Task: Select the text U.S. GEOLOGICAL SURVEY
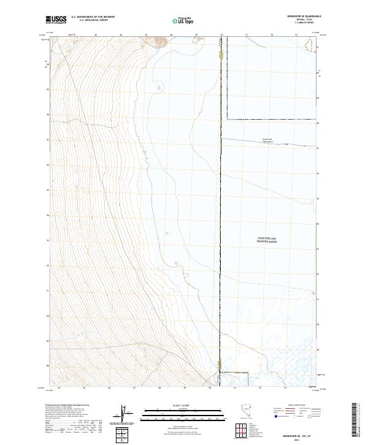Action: (93, 20)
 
